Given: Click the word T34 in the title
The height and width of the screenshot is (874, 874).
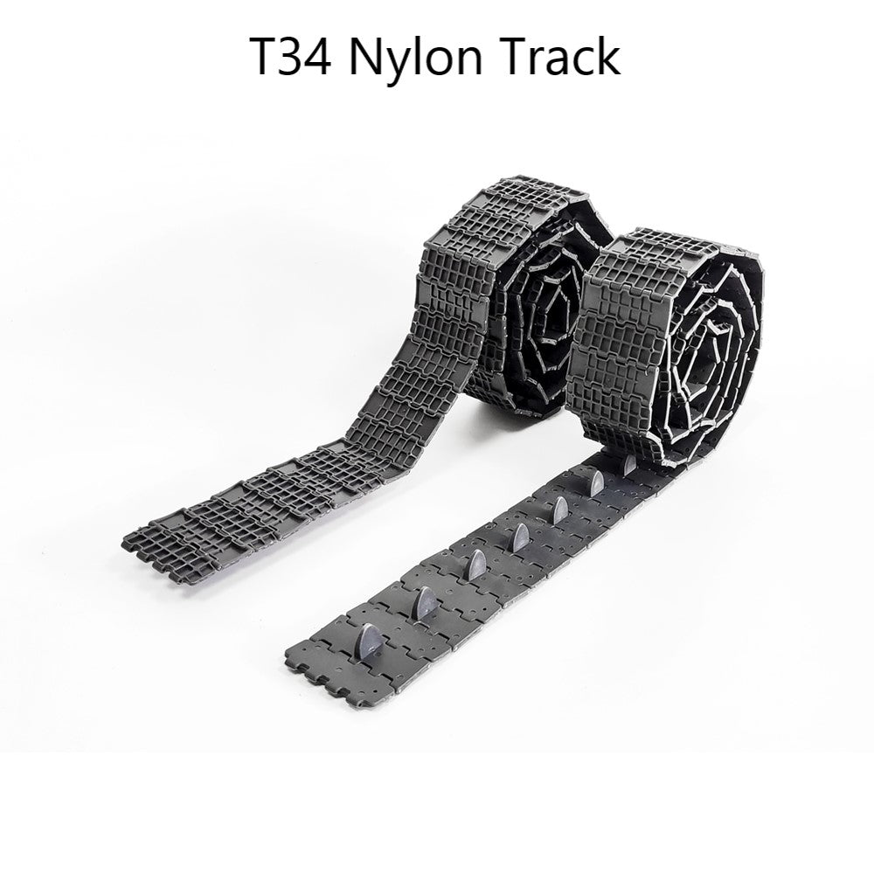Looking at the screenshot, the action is (292, 57).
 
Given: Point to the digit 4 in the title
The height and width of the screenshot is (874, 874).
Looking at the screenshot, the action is (316, 57).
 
